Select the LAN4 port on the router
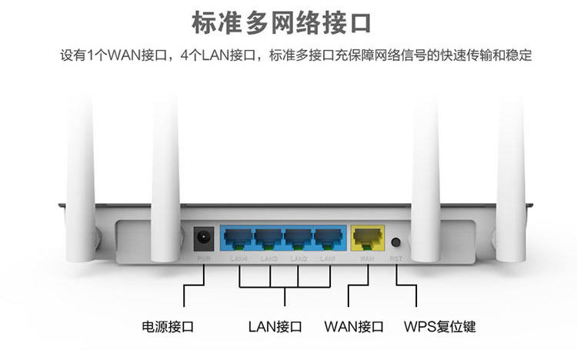point(238,238)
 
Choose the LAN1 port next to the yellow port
point(328,238)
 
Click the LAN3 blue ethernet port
point(268,238)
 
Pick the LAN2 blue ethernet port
point(298,238)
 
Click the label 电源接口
point(168,327)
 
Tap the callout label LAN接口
point(275,327)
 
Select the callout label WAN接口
point(353,327)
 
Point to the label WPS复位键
point(440,327)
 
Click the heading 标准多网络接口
point(281,23)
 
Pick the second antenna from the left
point(165,177)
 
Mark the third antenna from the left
point(425,177)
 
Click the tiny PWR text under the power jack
point(204,259)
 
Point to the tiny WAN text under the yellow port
point(366,259)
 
